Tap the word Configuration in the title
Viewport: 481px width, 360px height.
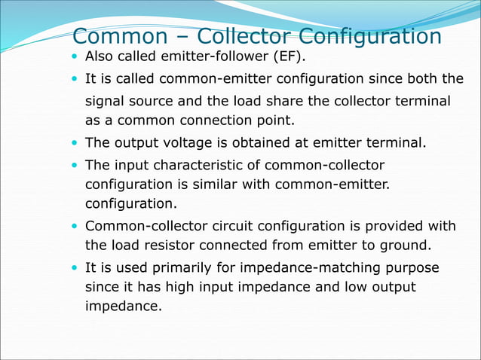370,36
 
